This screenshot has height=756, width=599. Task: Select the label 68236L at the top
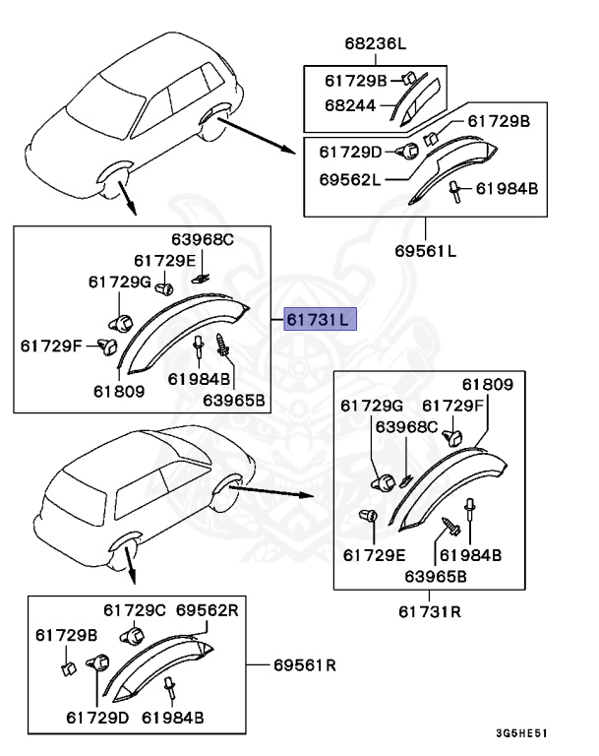click(x=375, y=43)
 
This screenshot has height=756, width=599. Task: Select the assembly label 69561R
click(x=303, y=665)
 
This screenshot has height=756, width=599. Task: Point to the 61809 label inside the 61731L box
click(x=119, y=391)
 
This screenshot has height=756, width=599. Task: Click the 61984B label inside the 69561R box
click(x=172, y=716)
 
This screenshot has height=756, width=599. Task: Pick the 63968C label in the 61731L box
click(x=203, y=239)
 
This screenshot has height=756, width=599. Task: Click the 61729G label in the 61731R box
click(x=372, y=405)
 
